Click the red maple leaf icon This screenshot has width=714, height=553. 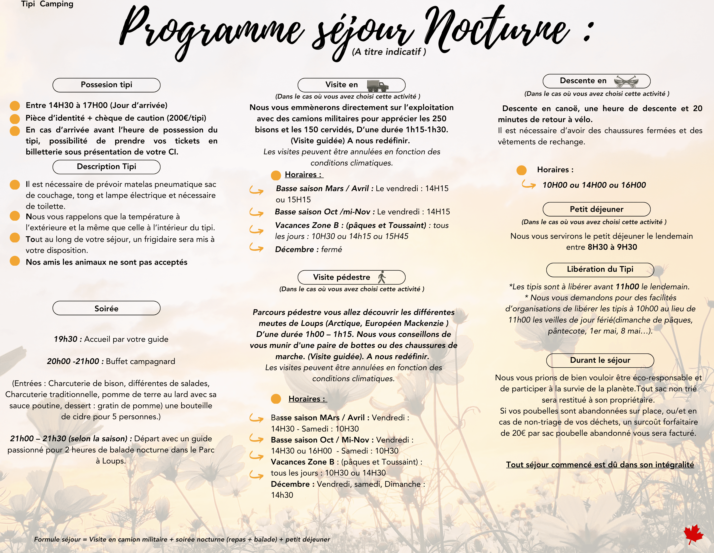click(693, 534)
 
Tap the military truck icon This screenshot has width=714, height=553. click(378, 86)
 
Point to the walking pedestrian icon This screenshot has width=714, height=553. click(381, 277)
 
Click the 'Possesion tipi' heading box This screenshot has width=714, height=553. click(106, 85)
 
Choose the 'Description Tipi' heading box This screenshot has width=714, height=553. click(106, 167)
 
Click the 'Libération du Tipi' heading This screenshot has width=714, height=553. click(600, 269)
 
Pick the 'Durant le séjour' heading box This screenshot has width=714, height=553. click(600, 360)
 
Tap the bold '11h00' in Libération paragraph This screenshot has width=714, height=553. click(627, 287)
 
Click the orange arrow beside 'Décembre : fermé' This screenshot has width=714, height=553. click(256, 248)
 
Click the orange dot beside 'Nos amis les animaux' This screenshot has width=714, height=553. click(15, 261)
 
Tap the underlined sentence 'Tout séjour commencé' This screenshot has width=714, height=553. click(600, 464)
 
